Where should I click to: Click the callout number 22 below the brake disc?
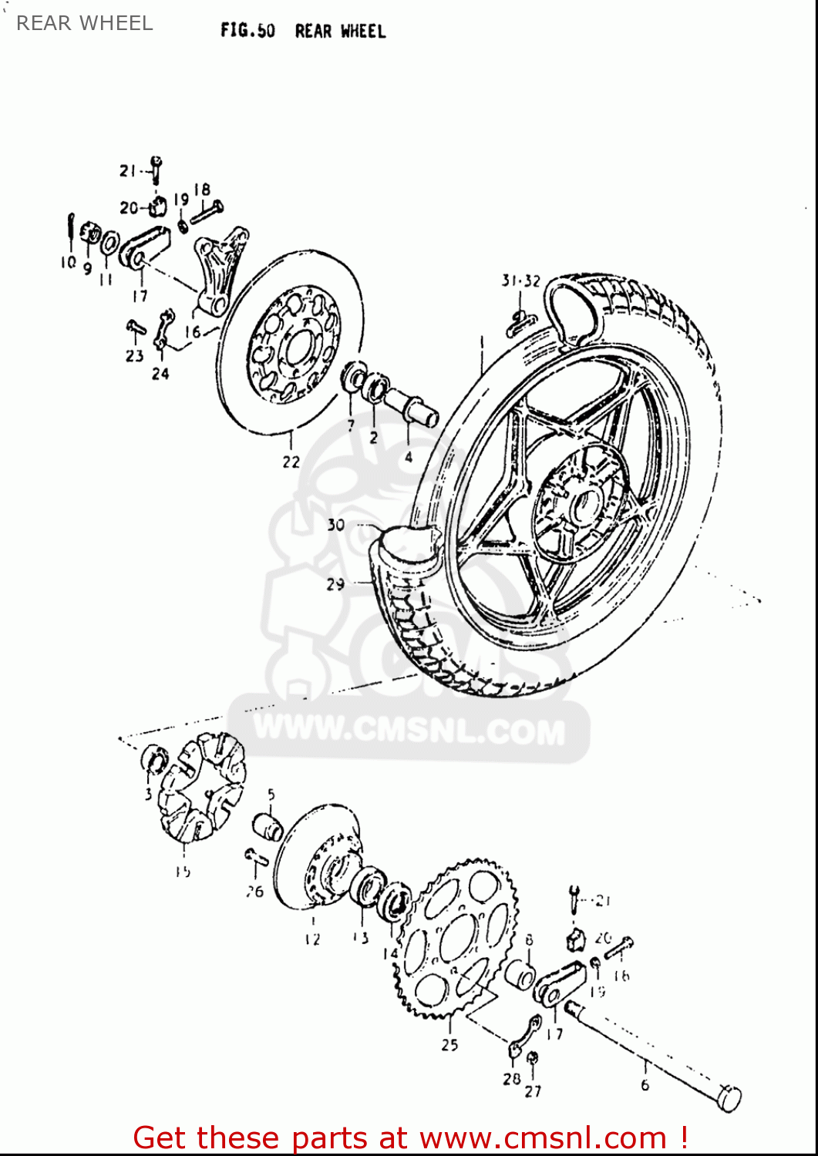point(291,462)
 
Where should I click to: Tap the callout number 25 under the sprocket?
point(449,1044)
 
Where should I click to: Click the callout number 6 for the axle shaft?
point(645,1084)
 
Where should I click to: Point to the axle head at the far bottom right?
point(729,1097)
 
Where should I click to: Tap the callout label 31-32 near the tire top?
point(521,281)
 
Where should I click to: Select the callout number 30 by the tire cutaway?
point(335,525)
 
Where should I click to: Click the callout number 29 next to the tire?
point(335,584)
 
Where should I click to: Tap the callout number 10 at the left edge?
point(68,262)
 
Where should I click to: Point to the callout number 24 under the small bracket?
point(160,374)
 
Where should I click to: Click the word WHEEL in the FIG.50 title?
point(362,32)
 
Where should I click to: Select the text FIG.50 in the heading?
point(247,31)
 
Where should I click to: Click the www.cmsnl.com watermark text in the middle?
point(409,729)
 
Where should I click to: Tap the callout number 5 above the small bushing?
point(271,795)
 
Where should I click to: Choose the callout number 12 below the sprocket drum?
point(311,939)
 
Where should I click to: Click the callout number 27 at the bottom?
point(533,1090)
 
